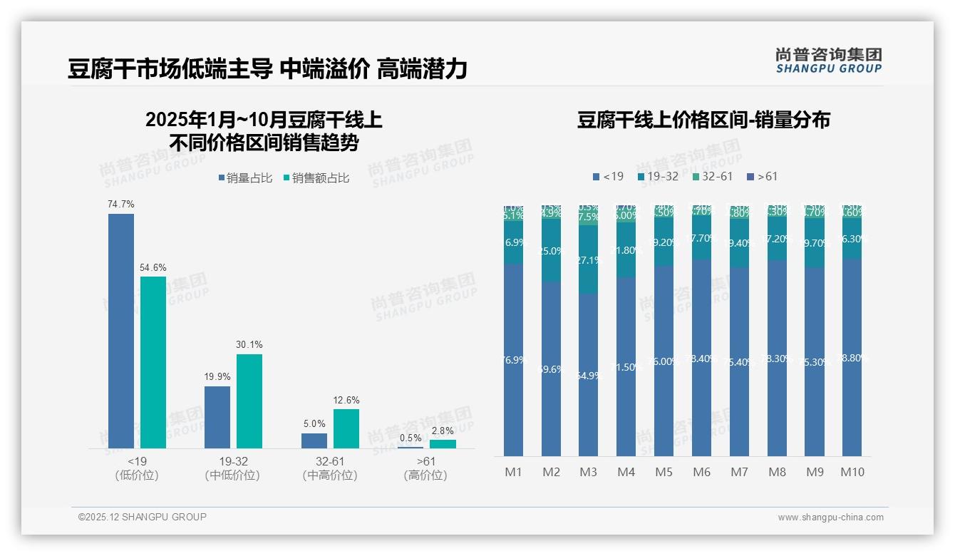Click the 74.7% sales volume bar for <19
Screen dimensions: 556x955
click(x=121, y=331)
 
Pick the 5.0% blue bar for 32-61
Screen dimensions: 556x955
click(x=314, y=441)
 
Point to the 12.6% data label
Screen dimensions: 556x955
click(x=346, y=401)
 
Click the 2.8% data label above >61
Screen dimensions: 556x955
click(x=442, y=431)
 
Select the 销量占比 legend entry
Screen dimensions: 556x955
click(x=245, y=178)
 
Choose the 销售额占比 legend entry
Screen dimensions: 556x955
click(x=316, y=178)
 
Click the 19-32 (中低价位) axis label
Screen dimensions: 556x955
click(x=232, y=468)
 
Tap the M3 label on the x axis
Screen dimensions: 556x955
click(x=588, y=472)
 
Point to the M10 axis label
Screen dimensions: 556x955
click(x=852, y=472)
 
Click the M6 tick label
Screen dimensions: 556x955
click(x=701, y=472)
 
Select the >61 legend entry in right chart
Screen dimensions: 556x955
click(x=763, y=176)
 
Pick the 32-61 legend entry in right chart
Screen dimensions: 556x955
click(x=713, y=176)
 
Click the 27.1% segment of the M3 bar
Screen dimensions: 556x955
click(x=588, y=259)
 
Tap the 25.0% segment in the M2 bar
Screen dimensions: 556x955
click(x=551, y=250)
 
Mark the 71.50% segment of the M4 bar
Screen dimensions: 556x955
click(x=626, y=366)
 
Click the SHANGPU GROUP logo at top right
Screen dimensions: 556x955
click(x=828, y=60)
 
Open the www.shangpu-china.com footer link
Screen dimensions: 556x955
click(x=830, y=518)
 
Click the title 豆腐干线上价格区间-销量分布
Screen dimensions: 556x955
click(x=703, y=120)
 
